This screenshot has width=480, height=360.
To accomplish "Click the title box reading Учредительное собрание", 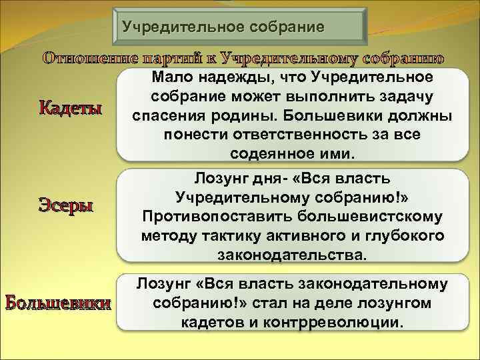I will (x=238, y=27).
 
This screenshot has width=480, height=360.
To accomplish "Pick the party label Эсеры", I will (x=65, y=205).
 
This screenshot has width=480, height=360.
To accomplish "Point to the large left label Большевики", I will (x=58, y=303).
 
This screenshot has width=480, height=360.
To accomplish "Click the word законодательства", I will (x=292, y=255).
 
